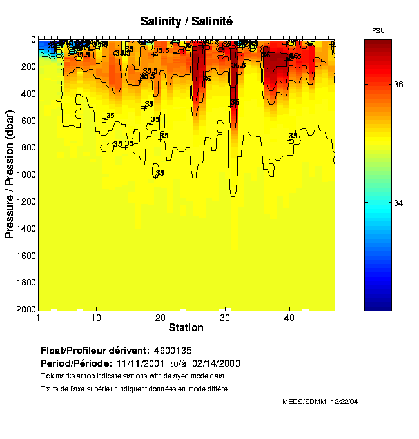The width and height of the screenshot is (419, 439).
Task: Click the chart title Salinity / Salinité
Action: [186, 21]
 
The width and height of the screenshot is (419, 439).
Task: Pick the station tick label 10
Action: [96, 318]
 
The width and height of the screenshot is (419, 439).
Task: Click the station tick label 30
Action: [225, 318]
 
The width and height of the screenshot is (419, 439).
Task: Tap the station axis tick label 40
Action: [289, 318]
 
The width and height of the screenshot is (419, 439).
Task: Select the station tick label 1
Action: [39, 318]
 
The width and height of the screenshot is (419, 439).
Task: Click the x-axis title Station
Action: [186, 328]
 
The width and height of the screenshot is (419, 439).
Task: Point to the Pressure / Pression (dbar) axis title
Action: [10, 174]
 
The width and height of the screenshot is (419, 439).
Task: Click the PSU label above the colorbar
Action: [378, 31]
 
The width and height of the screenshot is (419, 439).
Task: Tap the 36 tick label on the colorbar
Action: [399, 84]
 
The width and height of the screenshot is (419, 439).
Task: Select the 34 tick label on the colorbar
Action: [399, 203]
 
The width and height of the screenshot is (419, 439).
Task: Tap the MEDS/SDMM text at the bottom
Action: [304, 402]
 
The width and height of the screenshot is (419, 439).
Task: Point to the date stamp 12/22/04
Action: [344, 402]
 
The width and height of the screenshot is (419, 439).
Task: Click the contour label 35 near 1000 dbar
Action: [160, 173]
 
